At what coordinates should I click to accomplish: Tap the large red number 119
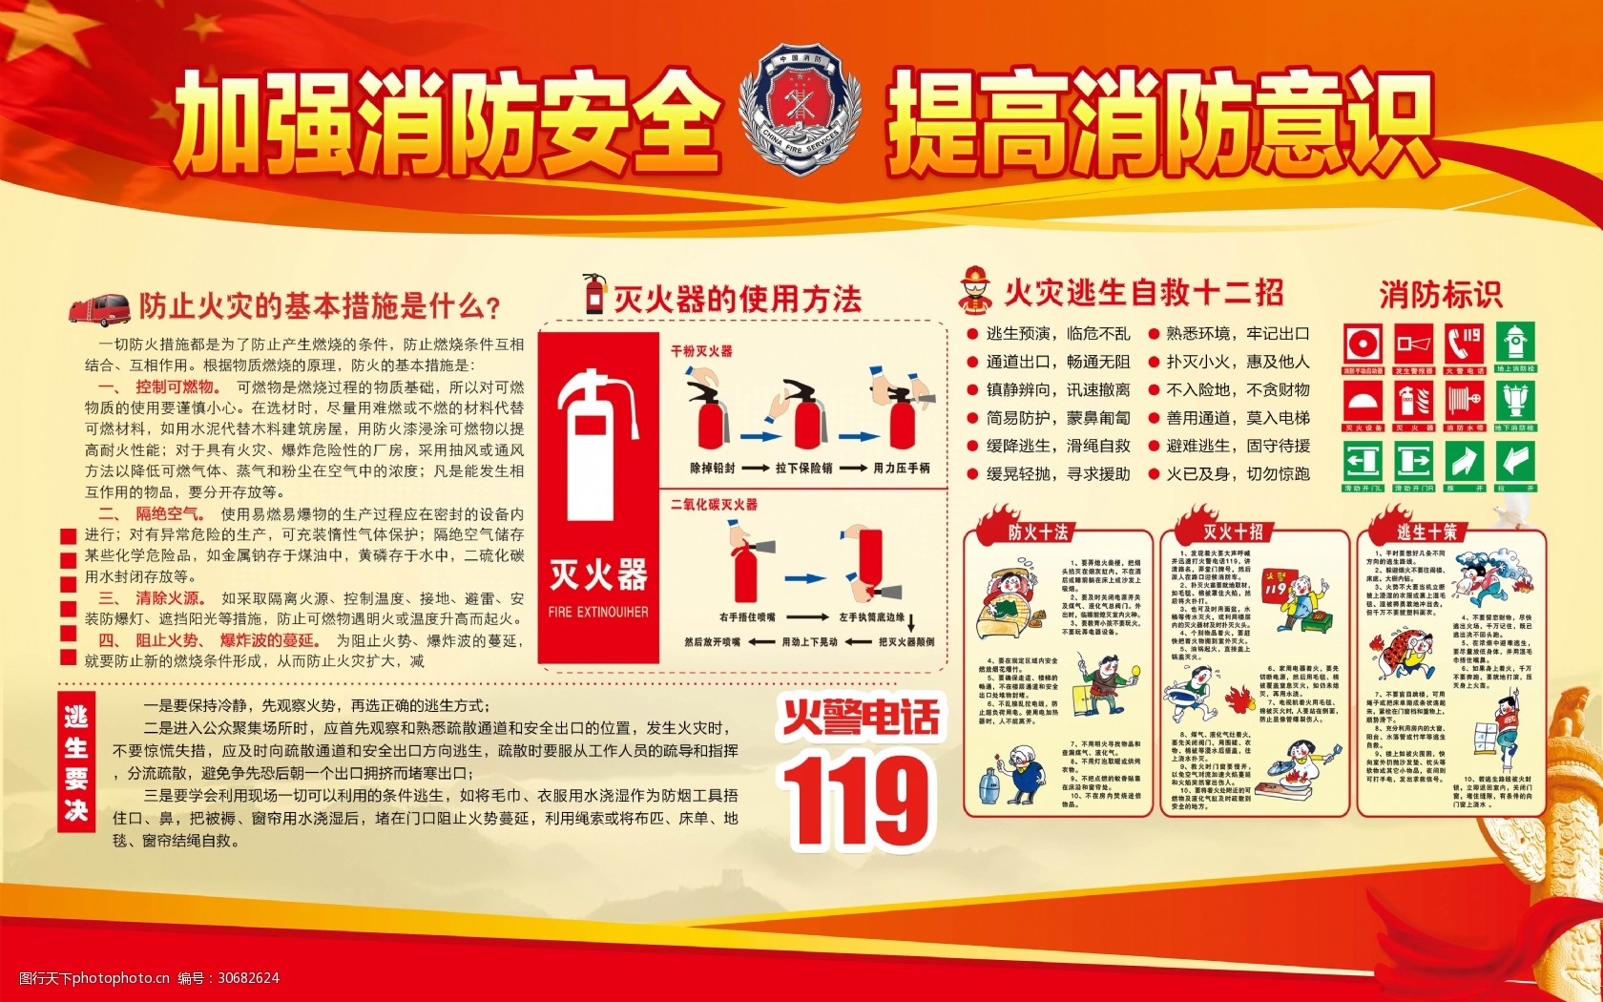pyautogui.click(x=856, y=800)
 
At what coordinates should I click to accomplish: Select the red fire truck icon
pyautogui.click(x=98, y=308)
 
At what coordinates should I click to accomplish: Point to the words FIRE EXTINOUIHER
pyautogui.click(x=598, y=612)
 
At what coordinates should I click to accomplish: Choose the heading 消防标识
pyautogui.click(x=1440, y=295)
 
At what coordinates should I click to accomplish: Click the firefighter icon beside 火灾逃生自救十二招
pyautogui.click(x=974, y=290)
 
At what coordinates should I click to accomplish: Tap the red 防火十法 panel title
pyautogui.click(x=1038, y=532)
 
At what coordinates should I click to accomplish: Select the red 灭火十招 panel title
pyautogui.click(x=1233, y=532)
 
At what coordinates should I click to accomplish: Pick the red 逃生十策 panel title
pyautogui.click(x=1426, y=532)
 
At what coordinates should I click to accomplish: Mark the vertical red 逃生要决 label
pyautogui.click(x=76, y=762)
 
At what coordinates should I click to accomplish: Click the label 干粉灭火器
pyautogui.click(x=701, y=351)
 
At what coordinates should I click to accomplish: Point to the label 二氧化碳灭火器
pyautogui.click(x=714, y=504)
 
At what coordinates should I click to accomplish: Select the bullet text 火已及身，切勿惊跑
pyautogui.click(x=1238, y=474)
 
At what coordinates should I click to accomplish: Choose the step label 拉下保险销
pyautogui.click(x=803, y=469)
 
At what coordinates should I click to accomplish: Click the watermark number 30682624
pyautogui.click(x=248, y=977)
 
